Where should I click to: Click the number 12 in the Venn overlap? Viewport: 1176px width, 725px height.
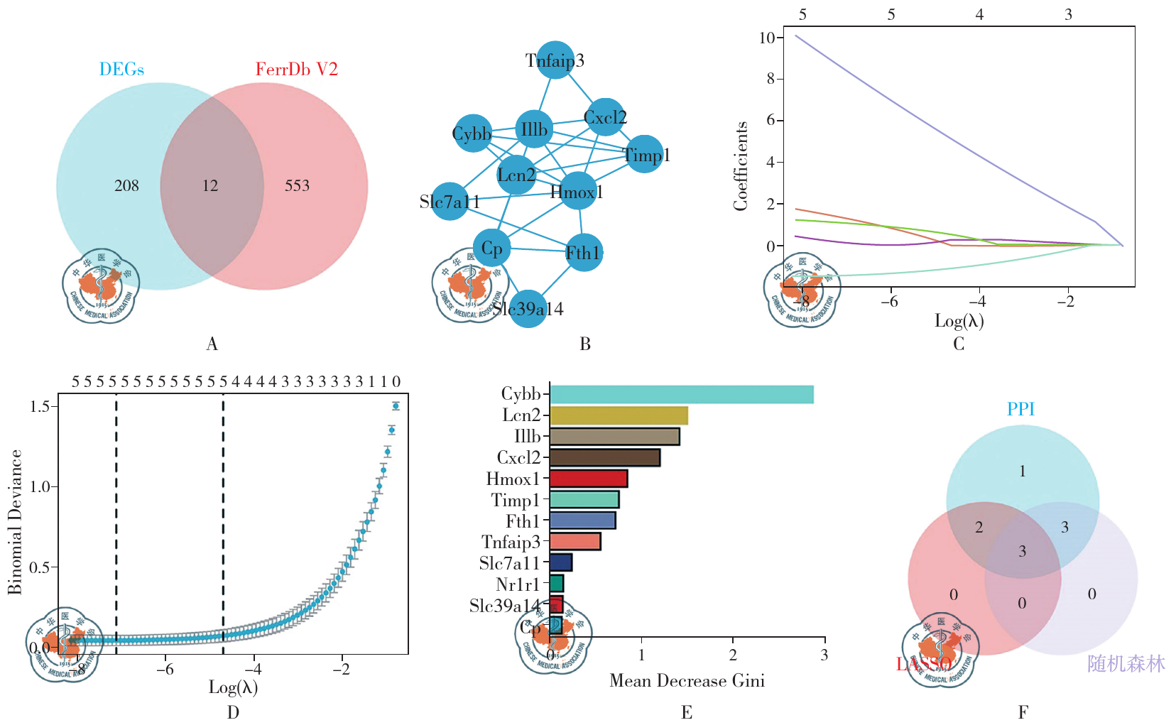pos(210,186)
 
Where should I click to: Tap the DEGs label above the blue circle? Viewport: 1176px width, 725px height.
pos(121,70)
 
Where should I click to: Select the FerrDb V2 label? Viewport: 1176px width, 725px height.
pos(296,70)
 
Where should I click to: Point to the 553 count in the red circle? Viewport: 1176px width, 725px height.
pos(298,186)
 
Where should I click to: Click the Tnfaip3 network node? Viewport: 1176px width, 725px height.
pos(555,60)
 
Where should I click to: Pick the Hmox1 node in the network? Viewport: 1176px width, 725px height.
pos(577,192)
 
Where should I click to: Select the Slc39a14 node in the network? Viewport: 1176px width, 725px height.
pos(528,309)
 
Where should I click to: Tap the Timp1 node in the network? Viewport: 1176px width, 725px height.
pos(645,155)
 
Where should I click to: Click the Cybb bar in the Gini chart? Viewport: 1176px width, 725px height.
pos(681,394)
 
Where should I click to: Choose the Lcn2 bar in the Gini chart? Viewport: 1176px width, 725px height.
pos(619,415)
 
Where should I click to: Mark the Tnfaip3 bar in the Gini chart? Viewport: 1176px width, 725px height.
pos(575,542)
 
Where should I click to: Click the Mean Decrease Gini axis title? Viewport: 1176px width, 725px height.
pos(687,681)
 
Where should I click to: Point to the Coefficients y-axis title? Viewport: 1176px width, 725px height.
pos(741,166)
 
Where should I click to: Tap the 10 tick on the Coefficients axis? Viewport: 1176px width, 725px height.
pos(767,38)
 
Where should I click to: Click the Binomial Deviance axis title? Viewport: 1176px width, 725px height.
pos(15,522)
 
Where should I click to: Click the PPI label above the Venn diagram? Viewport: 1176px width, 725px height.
pos(1020,410)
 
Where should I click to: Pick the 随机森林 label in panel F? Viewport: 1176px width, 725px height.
pos(1126,664)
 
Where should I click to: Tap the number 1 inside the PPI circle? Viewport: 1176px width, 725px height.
pos(1022,471)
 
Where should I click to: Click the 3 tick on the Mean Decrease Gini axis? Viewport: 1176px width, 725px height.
pos(824,655)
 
